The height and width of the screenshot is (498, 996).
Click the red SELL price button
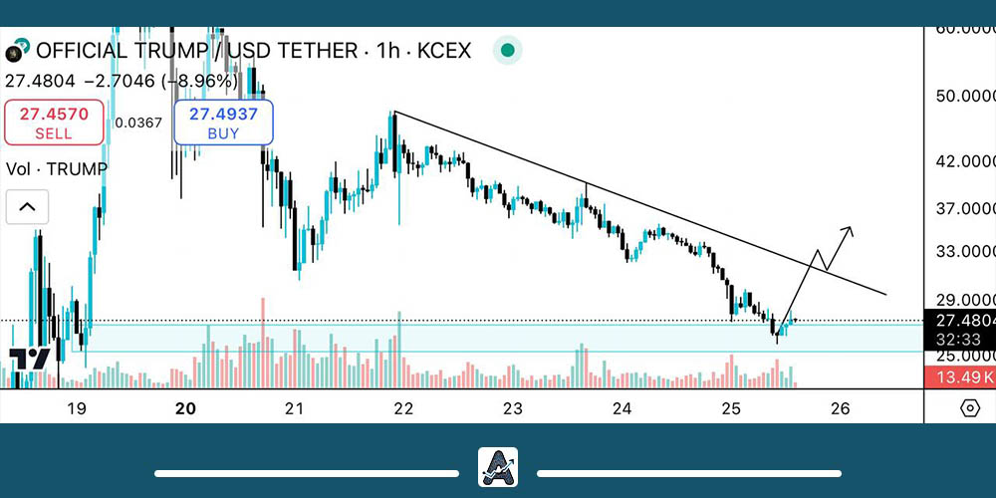point(54,123)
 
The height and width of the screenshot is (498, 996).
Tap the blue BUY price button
point(223,123)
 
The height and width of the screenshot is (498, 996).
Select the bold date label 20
point(185,408)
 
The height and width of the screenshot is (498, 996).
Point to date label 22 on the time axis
point(403,408)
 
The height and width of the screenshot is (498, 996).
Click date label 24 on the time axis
point(622,408)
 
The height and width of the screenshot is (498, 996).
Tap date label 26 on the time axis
point(841,408)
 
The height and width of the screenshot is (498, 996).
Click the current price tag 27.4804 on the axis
point(960,321)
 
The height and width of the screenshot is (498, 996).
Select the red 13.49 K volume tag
point(960,376)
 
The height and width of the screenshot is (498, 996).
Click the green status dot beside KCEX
point(508,50)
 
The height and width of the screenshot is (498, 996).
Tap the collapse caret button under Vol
point(27,207)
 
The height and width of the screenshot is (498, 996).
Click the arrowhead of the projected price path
point(849,231)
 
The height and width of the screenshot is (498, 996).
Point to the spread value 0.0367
point(137,124)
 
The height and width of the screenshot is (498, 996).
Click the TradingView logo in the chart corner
point(30,360)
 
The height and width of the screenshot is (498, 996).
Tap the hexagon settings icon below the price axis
point(969,407)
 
